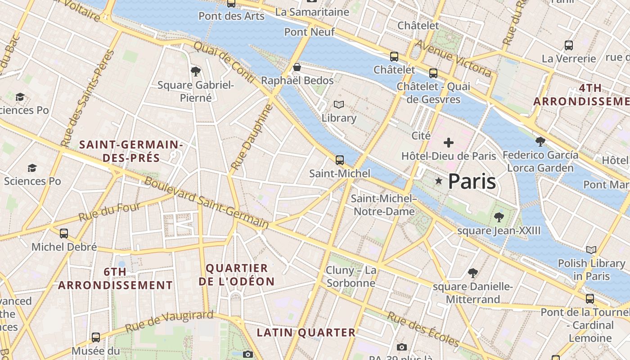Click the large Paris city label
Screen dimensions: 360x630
[472, 181]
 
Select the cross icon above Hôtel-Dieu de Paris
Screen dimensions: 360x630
[448, 143]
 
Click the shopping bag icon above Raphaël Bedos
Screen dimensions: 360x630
[297, 67]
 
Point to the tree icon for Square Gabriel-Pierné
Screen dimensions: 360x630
[195, 71]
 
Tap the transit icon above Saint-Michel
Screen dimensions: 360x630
[340, 160]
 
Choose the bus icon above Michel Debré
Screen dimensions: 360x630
[64, 234]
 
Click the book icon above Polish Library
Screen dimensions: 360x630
[591, 250]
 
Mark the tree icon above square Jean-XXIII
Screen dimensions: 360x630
[499, 217]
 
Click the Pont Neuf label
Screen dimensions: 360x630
[310, 32]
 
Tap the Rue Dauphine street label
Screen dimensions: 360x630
[252, 137]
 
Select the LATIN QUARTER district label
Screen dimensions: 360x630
[306, 333]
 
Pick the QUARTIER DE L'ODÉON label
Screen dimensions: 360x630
[237, 275]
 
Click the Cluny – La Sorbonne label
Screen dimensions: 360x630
[351, 277]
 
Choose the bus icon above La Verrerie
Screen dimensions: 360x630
[569, 45]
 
